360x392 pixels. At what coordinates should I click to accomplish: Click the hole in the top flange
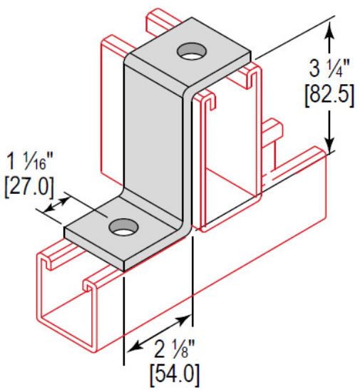tap(190, 51)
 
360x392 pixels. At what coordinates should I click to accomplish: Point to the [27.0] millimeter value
tap(29, 187)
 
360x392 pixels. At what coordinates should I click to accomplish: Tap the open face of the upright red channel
tap(228, 164)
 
